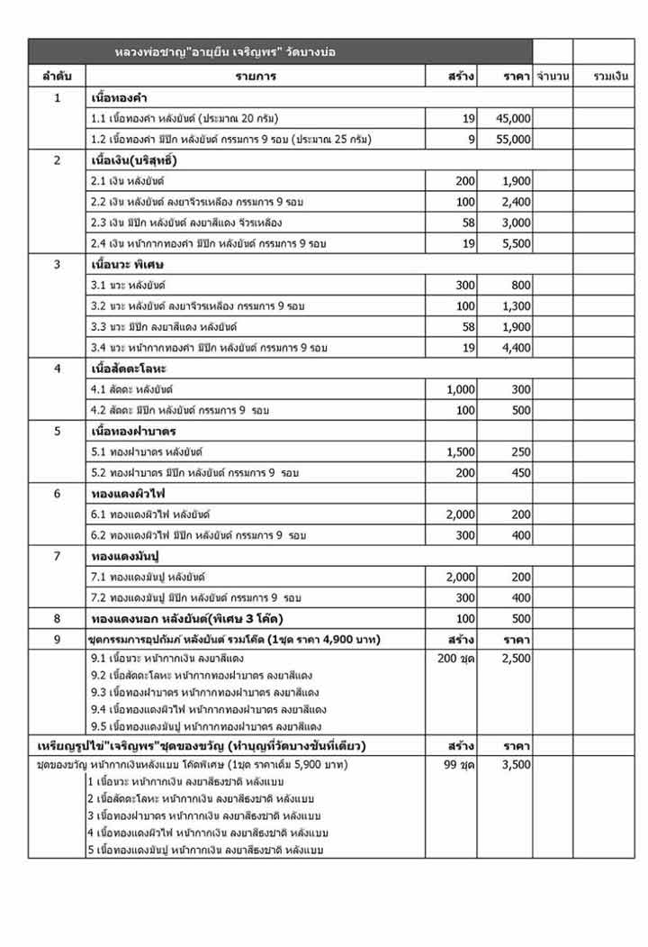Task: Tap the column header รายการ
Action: (256, 77)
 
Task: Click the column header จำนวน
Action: (552, 77)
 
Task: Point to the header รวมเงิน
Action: (611, 77)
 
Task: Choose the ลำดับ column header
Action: (58, 77)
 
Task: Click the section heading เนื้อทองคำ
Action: (121, 97)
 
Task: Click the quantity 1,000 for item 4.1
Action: (461, 389)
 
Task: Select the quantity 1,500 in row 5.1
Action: (461, 451)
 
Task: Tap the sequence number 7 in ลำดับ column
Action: (58, 556)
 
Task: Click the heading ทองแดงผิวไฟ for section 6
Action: (128, 494)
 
